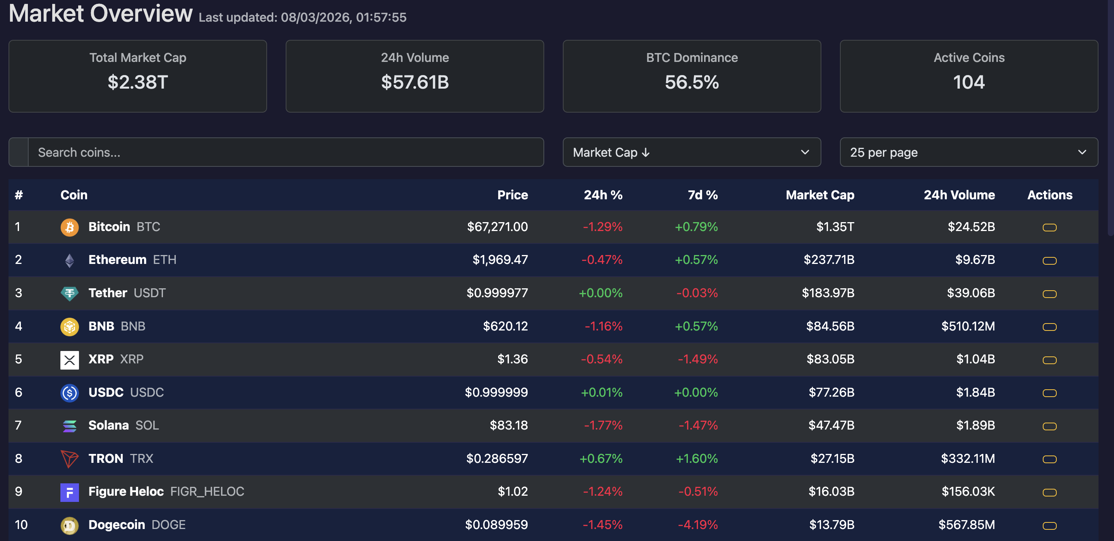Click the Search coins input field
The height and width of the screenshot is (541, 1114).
[285, 152]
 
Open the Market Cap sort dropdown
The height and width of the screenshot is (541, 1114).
[691, 152]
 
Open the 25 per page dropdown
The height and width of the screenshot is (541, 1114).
[968, 152]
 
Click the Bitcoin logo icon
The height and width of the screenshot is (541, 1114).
[69, 227]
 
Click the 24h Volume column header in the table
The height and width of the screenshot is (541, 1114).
[959, 195]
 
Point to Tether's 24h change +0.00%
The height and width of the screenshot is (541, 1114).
[600, 293]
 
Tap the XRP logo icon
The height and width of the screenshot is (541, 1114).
[69, 360]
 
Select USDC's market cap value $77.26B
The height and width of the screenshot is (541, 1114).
[831, 393]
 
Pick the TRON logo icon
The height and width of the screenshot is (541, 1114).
[69, 459]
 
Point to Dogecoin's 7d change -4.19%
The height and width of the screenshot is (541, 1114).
[698, 525]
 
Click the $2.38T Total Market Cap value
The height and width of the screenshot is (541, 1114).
[137, 82]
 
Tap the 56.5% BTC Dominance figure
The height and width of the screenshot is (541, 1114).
[691, 82]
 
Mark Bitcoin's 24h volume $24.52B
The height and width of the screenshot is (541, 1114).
[971, 227]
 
